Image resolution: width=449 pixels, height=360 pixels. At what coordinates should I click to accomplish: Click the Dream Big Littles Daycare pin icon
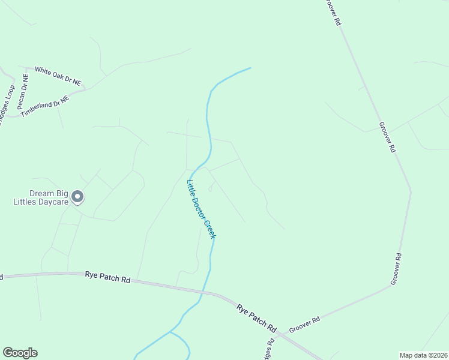pyautogui.click(x=77, y=196)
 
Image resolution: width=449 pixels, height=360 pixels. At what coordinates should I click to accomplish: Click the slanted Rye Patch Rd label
pyautogui.click(x=256, y=318)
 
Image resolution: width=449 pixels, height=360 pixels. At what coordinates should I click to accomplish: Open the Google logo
pyautogui.click(x=20, y=353)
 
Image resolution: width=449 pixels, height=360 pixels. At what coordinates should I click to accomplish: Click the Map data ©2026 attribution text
pyautogui.click(x=423, y=355)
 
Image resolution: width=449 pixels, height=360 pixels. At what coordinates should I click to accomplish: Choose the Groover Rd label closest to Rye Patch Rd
pyautogui.click(x=304, y=325)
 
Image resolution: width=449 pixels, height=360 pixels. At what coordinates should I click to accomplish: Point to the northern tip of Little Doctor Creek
pyautogui.click(x=250, y=68)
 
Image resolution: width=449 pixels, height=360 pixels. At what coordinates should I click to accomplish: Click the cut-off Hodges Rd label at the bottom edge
pyautogui.click(x=270, y=350)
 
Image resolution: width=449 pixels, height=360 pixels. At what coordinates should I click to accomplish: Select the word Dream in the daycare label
pyautogui.click(x=43, y=194)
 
